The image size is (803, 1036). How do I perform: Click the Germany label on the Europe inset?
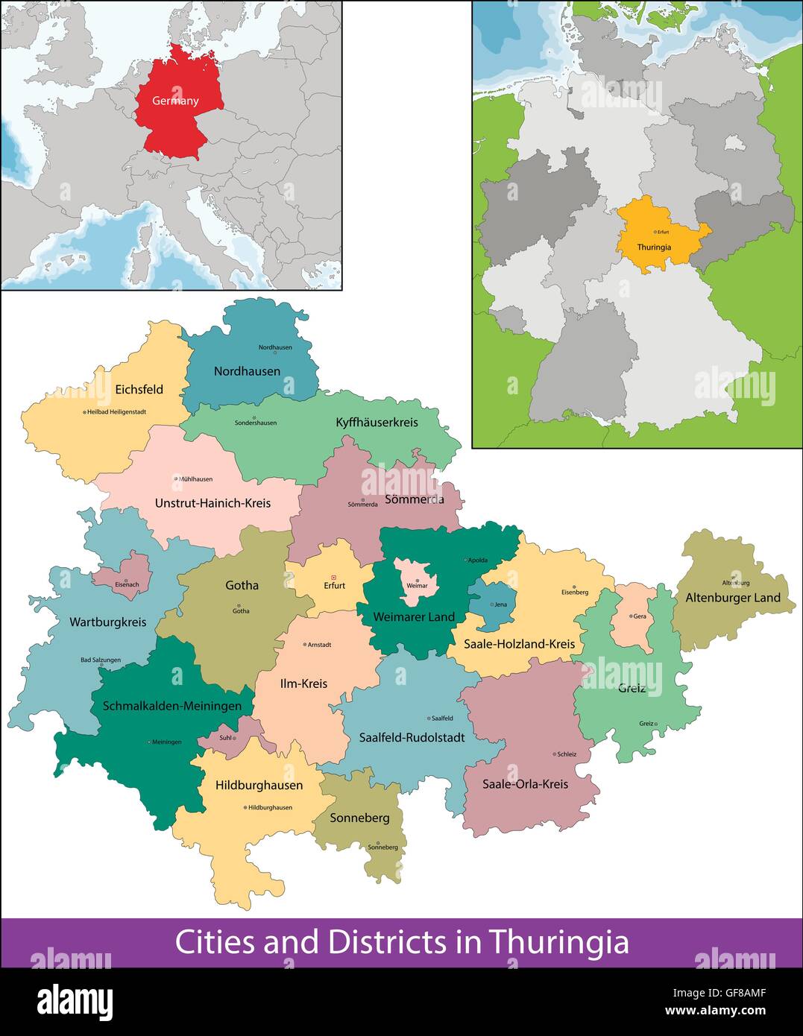[175, 101]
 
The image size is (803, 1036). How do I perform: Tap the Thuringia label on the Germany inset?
[654, 247]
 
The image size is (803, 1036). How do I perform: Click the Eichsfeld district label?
[139, 389]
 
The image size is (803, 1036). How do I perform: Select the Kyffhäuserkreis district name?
[377, 422]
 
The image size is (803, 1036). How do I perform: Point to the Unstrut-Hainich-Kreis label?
[212, 503]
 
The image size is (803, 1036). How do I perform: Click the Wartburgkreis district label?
[108, 622]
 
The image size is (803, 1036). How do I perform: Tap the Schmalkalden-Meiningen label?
[172, 705]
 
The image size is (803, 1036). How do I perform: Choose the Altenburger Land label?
[733, 597]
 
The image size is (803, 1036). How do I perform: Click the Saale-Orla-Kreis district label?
[525, 783]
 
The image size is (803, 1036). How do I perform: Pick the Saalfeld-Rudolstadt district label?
[412, 737]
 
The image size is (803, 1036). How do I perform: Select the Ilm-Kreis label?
[303, 683]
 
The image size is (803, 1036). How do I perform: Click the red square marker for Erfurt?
[334, 576]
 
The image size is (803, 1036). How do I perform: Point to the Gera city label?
[640, 616]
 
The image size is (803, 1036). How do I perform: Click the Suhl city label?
[226, 738]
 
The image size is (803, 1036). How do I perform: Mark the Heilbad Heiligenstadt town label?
[116, 411]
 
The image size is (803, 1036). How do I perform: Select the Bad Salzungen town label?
[101, 660]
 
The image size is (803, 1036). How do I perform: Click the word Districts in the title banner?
[390, 942]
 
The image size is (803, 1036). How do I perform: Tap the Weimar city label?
[417, 585]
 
